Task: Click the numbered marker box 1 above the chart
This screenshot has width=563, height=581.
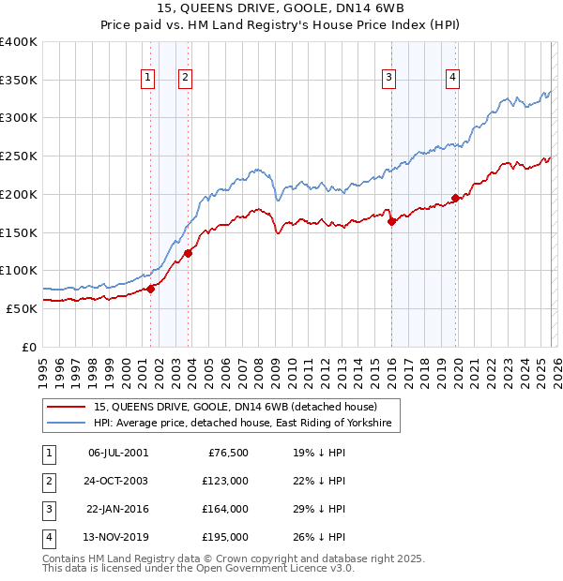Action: click(x=148, y=78)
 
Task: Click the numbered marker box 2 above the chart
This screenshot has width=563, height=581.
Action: click(x=186, y=78)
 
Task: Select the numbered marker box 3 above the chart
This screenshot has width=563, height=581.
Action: click(x=388, y=78)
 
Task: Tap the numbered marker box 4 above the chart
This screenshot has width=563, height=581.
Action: click(x=452, y=78)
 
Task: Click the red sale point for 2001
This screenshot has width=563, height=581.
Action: click(x=150, y=289)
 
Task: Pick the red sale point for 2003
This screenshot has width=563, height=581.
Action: click(x=189, y=252)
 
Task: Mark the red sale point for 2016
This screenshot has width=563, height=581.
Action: click(x=391, y=221)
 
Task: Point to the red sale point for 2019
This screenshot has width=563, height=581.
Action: click(x=455, y=198)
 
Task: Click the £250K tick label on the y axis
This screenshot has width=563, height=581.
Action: click(x=19, y=156)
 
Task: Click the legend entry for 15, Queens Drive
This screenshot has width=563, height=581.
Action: click(x=235, y=408)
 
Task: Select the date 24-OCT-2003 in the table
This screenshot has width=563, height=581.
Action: click(x=118, y=481)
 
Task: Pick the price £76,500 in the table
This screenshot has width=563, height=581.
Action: click(x=227, y=453)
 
